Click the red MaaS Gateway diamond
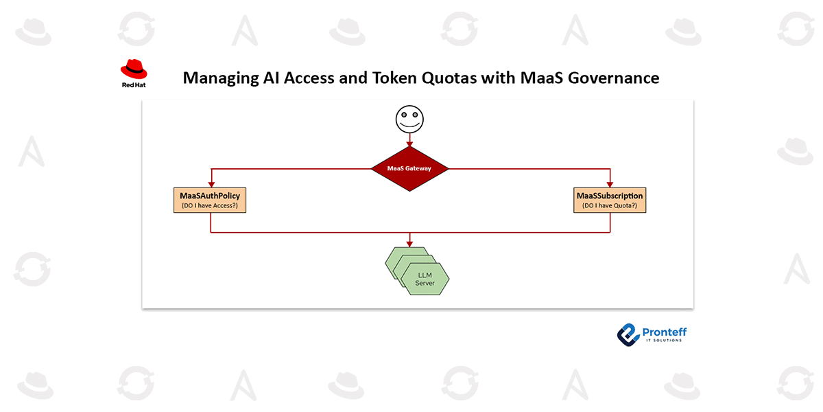(409, 169)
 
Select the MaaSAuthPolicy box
(210, 200)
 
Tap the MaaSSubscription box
(610, 200)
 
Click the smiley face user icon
(409, 119)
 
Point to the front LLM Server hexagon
(425, 279)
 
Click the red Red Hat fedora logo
(134, 69)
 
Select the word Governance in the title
(614, 78)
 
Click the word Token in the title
(394, 78)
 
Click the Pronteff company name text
(665, 332)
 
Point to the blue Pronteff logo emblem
(629, 335)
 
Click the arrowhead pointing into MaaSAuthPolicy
(211, 184)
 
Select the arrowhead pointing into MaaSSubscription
(610, 184)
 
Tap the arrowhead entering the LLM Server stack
(409, 244)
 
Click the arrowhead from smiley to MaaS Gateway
(409, 144)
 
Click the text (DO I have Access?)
(210, 205)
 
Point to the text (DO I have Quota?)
(610, 205)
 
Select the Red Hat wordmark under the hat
(134, 85)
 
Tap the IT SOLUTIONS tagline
(664, 341)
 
